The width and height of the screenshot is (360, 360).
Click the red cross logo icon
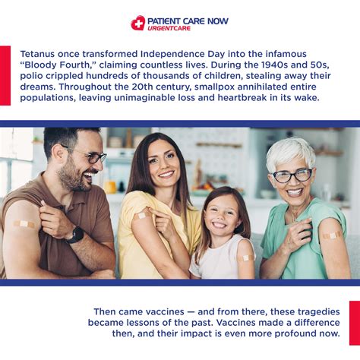(x=138, y=23)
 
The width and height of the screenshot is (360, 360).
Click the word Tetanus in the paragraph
(x=39, y=55)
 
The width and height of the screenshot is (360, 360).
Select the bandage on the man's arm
(x=24, y=224)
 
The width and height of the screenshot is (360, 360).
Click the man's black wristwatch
(x=74, y=234)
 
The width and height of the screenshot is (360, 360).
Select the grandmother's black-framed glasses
(x=292, y=175)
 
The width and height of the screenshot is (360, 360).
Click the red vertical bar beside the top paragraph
(x=5, y=75)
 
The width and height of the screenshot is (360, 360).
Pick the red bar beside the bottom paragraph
(x=354, y=323)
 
